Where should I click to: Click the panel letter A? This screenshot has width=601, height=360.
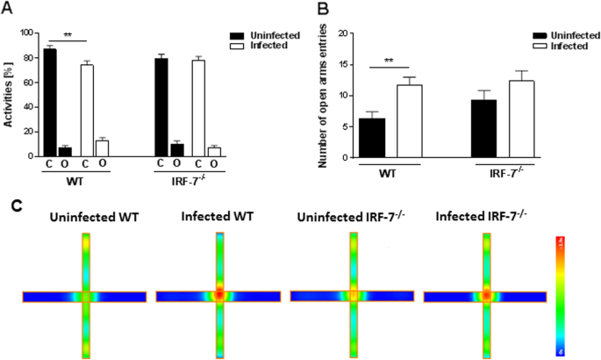[x=9, y=9]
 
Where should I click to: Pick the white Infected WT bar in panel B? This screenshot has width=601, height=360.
[x=406, y=122]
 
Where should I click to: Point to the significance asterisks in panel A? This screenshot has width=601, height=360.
[x=67, y=37]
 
